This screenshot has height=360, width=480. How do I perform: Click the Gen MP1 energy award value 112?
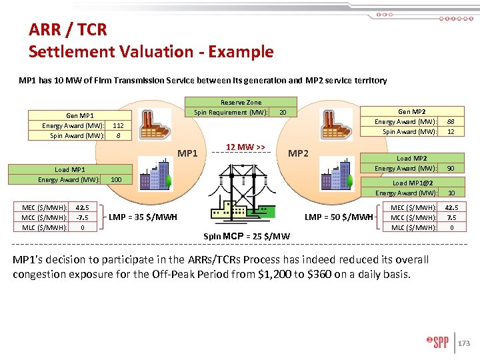[x=118, y=125]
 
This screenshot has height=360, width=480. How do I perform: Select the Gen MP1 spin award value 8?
[x=118, y=135]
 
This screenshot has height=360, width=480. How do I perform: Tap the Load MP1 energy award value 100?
[x=116, y=180]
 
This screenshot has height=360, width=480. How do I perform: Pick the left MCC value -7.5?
[x=83, y=217]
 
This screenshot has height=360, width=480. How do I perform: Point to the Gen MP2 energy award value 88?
[x=451, y=121]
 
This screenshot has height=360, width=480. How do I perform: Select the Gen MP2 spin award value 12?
[x=451, y=131]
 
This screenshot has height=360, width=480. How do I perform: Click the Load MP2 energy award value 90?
[x=451, y=168]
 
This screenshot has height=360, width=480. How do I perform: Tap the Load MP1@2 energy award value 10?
[x=451, y=193]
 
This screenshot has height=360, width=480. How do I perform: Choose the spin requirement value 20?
[x=283, y=112]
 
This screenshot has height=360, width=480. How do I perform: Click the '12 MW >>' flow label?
[x=245, y=147]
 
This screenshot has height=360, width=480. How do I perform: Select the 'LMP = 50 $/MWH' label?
[x=339, y=217]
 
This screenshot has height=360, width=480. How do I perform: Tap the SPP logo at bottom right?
[x=437, y=343]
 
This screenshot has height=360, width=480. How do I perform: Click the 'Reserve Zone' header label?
[x=241, y=103]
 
